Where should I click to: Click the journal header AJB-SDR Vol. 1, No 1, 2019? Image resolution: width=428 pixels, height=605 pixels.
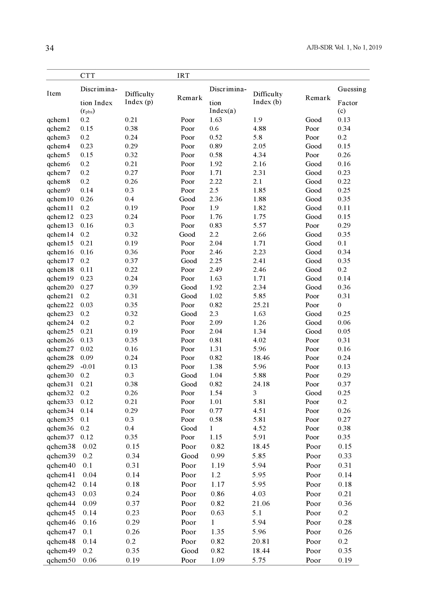pos(344,47)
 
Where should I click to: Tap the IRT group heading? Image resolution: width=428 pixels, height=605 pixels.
pos(183,76)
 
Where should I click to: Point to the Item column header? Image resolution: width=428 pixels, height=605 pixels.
pos(54,93)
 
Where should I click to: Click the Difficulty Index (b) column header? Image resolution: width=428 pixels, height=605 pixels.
pos(268,98)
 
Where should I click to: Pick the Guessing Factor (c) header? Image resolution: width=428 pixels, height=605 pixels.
pos(352,100)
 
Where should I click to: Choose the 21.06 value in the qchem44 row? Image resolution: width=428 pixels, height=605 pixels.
pos(261,504)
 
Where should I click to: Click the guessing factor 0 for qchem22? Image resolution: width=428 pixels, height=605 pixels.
pos(340,305)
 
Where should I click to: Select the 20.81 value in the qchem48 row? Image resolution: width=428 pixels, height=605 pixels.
pos(261,542)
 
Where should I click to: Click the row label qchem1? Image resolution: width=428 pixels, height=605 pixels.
pos(58,120)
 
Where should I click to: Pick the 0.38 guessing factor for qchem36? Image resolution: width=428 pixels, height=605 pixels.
pos(344,428)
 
